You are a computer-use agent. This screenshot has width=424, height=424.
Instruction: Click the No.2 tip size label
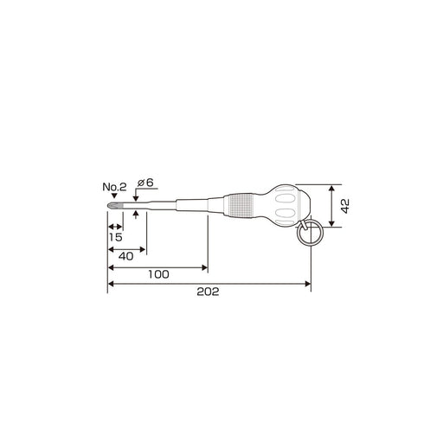pos(114,187)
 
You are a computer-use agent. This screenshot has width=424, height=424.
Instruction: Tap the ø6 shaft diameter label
pos(145,183)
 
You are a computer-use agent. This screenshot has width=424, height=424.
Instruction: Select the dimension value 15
pos(116,237)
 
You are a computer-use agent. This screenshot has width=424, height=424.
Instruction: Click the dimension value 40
pos(126,256)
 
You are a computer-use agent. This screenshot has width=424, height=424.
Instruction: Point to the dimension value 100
pos(158,274)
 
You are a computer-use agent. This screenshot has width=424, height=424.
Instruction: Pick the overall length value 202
pos(208,292)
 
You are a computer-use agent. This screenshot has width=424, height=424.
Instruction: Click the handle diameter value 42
pos(345,206)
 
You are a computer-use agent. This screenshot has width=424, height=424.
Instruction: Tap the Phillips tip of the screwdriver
pos(115,206)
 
